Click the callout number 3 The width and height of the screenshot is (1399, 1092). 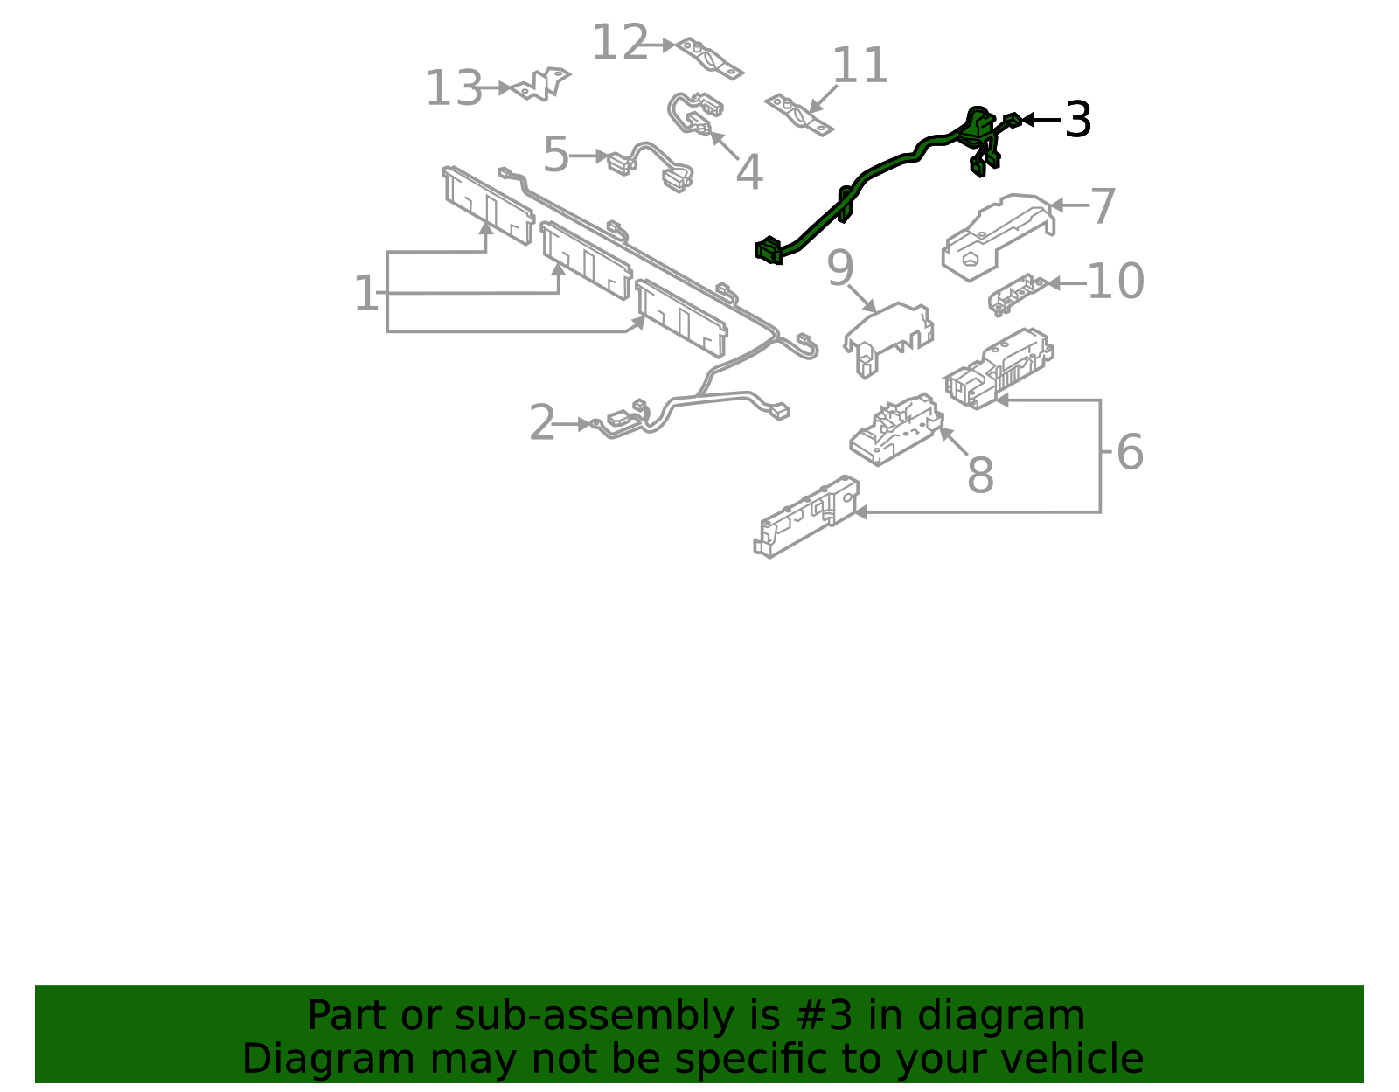pos(1077,120)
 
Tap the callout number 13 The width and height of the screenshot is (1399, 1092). pos(454,89)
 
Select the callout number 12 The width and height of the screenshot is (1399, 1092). pos(620,43)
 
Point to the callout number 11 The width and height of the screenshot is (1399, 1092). pos(860,66)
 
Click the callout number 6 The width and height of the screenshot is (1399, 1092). pos(1130,453)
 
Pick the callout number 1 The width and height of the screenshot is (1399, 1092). pos(366,294)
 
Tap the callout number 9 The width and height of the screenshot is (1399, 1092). pos(839,268)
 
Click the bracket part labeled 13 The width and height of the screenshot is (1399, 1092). pos(542,84)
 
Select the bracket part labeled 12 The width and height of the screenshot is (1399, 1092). pos(711,58)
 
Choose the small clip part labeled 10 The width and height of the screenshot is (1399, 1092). pos(1017,293)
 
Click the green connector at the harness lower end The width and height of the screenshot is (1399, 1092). pos(769,251)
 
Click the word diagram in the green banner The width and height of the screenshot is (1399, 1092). pos(1020,1016)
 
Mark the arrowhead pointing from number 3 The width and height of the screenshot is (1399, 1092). pos(1027,120)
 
